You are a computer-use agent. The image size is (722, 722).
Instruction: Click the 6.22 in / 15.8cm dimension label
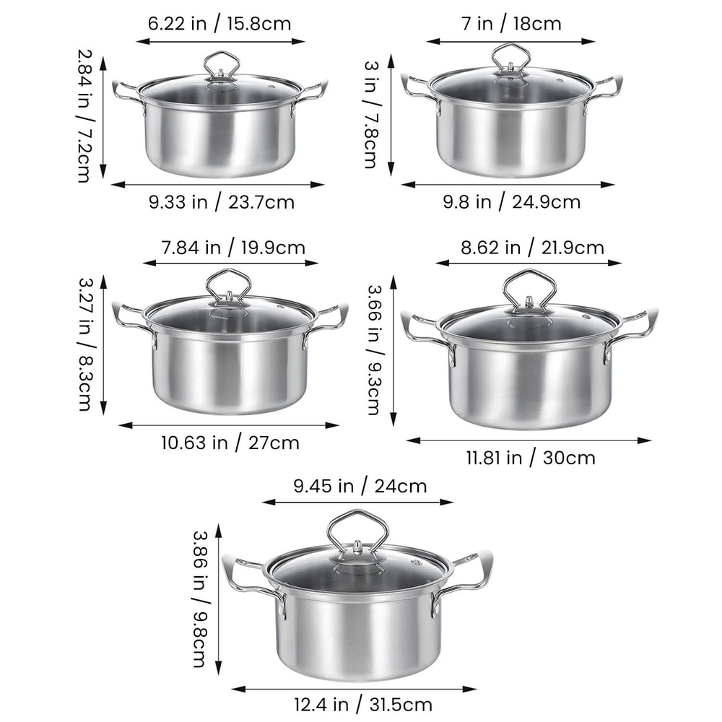(219, 24)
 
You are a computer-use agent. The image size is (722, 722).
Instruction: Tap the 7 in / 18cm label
(511, 24)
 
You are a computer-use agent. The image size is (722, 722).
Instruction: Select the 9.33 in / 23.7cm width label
(221, 202)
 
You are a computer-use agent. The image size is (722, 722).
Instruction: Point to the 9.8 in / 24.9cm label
(511, 202)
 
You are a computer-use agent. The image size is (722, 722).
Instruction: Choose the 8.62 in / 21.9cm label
(532, 248)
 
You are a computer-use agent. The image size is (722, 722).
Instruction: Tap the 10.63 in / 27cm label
(230, 442)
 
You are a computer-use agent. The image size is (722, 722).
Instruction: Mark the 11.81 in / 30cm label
(529, 457)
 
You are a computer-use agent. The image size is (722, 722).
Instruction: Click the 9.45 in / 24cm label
(360, 486)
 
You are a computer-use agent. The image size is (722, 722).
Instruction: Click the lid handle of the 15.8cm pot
(222, 64)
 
